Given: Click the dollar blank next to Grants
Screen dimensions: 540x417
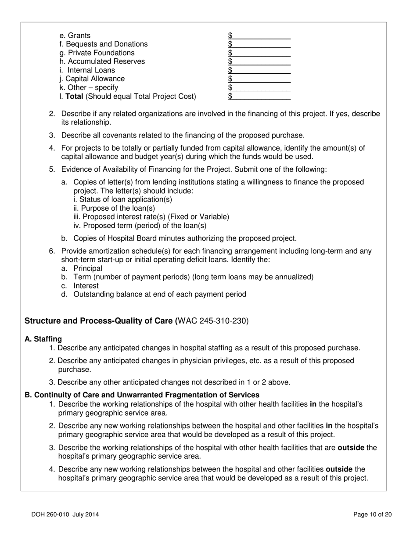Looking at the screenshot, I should [x=261, y=36].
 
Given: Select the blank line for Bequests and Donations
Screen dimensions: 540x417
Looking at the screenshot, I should [x=261, y=44].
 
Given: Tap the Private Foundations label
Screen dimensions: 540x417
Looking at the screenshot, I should [x=91, y=53].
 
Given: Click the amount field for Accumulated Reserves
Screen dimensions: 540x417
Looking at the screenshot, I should [x=261, y=61].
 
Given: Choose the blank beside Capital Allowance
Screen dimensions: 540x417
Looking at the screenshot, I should [x=261, y=79].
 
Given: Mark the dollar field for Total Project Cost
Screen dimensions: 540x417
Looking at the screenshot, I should [x=261, y=96].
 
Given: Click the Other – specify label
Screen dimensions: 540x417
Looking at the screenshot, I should [x=89, y=87].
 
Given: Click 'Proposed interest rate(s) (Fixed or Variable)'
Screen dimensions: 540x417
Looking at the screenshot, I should [x=151, y=217].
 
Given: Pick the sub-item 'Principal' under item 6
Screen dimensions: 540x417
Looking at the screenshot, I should [x=87, y=268].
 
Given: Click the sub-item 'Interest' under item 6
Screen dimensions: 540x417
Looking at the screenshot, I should [x=86, y=286].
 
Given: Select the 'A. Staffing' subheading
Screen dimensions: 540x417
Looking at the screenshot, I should [x=43, y=339].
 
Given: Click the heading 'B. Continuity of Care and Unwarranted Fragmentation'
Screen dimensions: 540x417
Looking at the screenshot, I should [x=142, y=395].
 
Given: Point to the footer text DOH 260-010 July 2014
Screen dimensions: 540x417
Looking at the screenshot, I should [x=68, y=515].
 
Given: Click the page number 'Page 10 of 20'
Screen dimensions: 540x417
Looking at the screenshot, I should [x=372, y=515].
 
